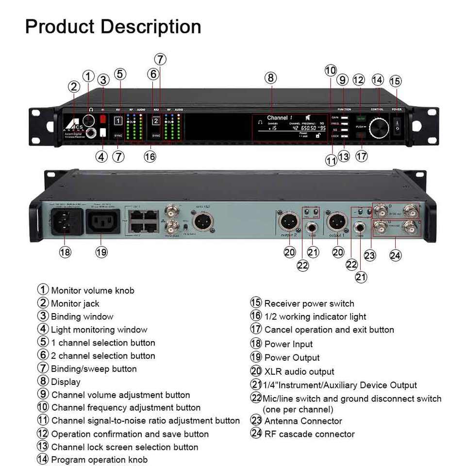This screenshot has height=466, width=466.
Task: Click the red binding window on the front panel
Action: (x=103, y=119)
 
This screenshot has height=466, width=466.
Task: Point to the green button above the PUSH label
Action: (x=361, y=117)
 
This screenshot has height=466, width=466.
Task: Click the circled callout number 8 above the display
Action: (x=271, y=77)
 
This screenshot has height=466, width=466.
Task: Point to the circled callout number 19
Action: (x=101, y=252)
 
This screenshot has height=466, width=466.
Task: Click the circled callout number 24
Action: (x=396, y=255)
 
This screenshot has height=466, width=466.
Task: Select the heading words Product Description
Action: (x=113, y=26)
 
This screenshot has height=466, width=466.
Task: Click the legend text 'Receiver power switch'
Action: (x=309, y=304)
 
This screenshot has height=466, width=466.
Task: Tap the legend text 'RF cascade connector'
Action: (x=309, y=434)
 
